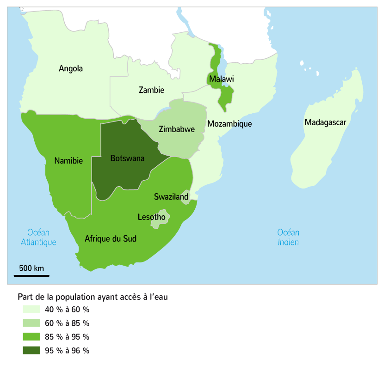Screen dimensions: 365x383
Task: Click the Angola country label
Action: point(71,69)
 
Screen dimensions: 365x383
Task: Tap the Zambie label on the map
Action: point(151,90)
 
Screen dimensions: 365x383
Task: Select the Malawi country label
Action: point(222,79)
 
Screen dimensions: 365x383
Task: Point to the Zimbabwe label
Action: point(177,129)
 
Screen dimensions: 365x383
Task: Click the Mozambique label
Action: point(229,124)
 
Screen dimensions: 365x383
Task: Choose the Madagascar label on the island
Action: point(325,122)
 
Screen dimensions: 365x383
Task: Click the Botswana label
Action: point(127,158)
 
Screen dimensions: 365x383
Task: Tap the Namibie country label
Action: point(68,161)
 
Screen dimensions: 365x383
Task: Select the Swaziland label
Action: point(171,197)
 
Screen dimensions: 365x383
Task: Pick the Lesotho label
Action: point(151,217)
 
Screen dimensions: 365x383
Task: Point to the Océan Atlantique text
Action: point(38,237)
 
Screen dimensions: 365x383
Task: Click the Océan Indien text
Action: point(288,237)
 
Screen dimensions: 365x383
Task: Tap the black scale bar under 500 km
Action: point(31,276)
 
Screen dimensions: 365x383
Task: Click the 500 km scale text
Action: point(31,268)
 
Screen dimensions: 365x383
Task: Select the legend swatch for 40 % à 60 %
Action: point(31,309)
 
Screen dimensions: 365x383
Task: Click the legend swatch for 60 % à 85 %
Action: point(31,323)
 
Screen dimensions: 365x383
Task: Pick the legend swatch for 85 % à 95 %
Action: point(31,337)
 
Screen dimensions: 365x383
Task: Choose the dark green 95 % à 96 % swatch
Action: point(31,351)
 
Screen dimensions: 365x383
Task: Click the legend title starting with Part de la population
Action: point(93,297)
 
